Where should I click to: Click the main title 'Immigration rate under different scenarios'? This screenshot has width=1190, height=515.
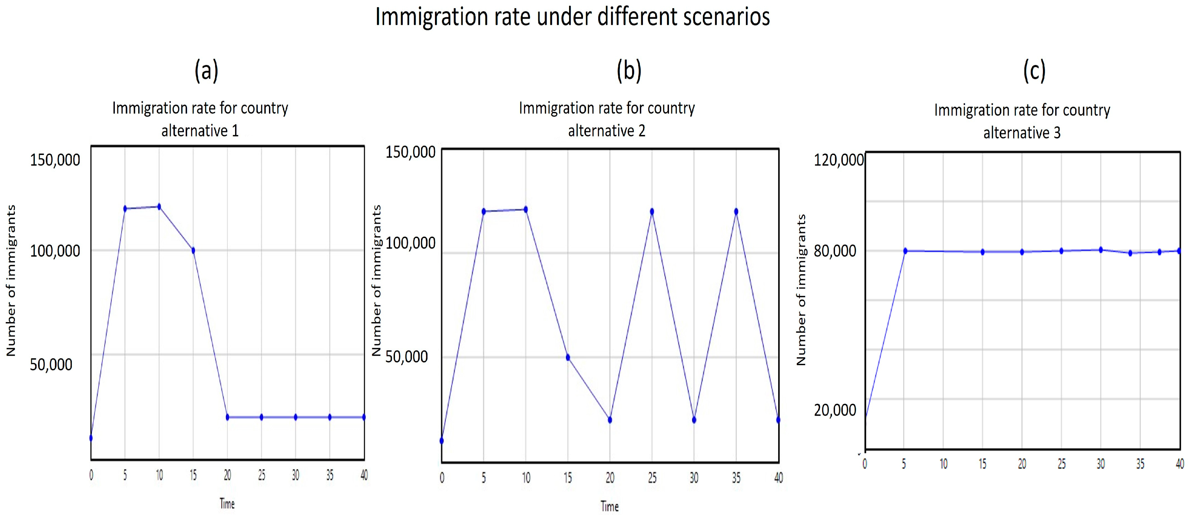(572, 17)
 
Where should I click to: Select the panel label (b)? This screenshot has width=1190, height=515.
(629, 71)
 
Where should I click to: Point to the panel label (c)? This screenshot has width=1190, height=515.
(1034, 71)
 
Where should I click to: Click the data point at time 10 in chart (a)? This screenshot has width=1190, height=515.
(159, 207)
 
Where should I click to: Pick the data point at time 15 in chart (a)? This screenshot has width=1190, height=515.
(193, 250)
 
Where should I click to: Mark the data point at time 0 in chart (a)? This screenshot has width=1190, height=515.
(91, 438)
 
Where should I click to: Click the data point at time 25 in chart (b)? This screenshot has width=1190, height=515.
(652, 211)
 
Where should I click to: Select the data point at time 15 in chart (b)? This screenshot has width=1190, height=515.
(568, 357)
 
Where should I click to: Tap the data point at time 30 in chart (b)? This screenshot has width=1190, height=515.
(694, 420)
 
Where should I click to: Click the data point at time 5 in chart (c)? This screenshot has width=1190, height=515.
(905, 251)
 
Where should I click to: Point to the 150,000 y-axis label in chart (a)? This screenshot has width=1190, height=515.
(55, 160)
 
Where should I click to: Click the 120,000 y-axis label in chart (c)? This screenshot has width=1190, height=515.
(838, 160)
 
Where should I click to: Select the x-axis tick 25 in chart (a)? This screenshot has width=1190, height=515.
(262, 475)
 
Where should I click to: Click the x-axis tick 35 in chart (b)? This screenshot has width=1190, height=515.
(736, 478)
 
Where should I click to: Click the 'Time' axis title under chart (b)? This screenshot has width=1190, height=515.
(609, 506)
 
